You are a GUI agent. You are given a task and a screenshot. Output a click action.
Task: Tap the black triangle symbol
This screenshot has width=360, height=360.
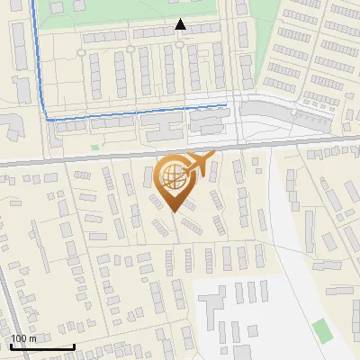180,24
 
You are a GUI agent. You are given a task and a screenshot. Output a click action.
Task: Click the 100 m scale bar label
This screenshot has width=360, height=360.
23,338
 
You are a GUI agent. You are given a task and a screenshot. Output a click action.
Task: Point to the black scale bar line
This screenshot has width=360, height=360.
42,346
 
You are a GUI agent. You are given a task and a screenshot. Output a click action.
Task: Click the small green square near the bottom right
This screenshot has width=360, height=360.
322,329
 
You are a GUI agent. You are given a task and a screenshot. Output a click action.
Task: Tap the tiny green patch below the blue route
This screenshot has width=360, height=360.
94,147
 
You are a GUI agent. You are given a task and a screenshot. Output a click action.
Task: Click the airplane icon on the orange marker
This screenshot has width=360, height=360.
200,165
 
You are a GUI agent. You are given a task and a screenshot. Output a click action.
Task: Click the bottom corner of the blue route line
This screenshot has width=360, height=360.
48,118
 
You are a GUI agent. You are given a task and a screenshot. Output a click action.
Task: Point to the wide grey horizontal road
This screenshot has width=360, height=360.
90,161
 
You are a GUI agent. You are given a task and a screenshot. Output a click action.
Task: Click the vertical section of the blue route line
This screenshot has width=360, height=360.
40,63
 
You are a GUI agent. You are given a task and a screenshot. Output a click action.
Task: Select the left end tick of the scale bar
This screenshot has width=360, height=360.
11,345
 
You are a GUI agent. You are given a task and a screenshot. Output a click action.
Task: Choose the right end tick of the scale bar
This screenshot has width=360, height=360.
74,345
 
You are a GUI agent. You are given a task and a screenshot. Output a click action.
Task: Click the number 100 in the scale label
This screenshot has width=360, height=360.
19,338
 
